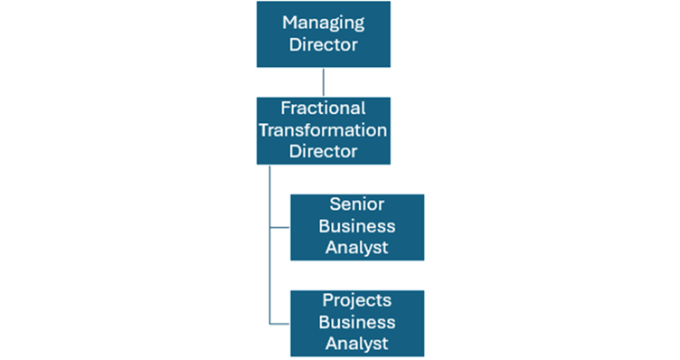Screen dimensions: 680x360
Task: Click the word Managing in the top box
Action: pos(323,24)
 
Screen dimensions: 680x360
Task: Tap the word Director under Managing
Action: pos(323,44)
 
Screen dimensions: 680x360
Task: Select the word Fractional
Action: pos(323,109)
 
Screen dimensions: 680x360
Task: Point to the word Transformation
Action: pos(323,130)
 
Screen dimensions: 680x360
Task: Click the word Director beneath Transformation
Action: pos(323,151)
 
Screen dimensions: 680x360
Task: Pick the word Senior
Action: pos(357,204)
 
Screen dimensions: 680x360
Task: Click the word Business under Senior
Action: pos(357,226)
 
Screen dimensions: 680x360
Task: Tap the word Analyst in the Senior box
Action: pos(357,248)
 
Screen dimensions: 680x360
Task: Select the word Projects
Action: pos(357,301)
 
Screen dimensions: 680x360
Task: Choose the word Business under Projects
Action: pos(357,322)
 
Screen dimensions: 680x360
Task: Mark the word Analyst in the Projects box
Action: pos(357,345)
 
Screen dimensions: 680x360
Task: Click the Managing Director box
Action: pos(324,33)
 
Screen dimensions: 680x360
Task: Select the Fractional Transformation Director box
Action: pos(324,130)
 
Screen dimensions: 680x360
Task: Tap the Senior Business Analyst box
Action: pos(357,227)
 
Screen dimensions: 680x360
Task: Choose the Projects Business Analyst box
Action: pos(357,324)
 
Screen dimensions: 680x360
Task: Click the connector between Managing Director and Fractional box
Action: pos(324,82)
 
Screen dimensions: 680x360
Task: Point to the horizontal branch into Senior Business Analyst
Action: pos(280,227)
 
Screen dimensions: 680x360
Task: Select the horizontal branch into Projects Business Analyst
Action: pos(280,324)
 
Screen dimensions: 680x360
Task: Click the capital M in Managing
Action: pos(289,22)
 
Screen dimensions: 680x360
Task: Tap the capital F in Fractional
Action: pos(286,109)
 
